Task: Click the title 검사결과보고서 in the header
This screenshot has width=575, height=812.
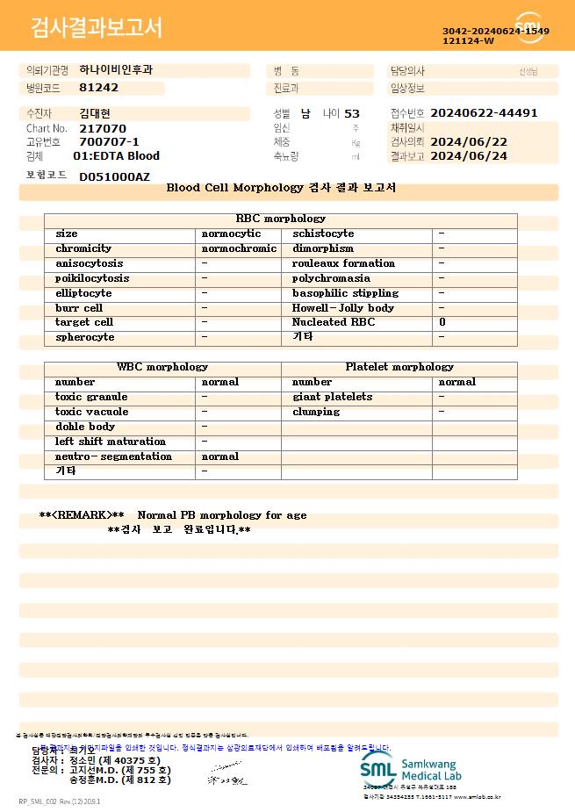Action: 97,27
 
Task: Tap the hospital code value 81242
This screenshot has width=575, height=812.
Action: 98,88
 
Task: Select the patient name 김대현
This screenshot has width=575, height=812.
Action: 96,113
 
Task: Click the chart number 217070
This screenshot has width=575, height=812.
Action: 103,128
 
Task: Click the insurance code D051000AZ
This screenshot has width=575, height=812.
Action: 114,176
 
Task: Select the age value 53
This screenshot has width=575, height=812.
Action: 352,113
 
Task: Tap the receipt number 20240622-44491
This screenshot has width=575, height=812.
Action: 484,113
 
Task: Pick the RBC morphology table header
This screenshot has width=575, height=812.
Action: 281,219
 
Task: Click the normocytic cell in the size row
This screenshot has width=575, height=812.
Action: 231,234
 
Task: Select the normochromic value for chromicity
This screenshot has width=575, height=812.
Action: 239,248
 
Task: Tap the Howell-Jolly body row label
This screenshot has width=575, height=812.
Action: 343,308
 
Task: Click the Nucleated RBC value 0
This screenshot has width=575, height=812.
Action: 442,322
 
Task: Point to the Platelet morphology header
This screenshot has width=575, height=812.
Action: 399,367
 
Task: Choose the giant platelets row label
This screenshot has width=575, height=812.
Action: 332,397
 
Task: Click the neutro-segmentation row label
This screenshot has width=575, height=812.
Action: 113,456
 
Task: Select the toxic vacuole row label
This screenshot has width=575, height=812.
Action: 91,412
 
